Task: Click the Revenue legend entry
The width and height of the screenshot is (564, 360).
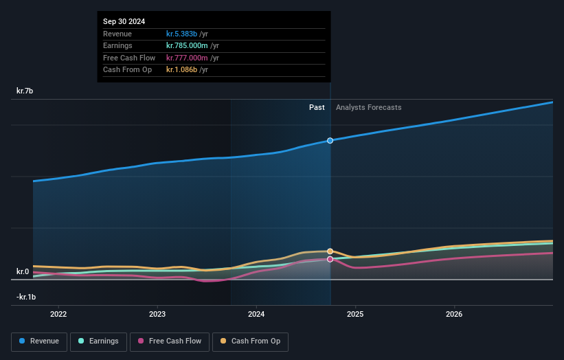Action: click(x=39, y=341)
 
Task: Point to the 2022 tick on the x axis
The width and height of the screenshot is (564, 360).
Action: click(x=58, y=315)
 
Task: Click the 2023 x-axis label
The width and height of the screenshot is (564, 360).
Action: click(x=157, y=315)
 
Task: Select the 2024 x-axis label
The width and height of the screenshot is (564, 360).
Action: click(x=256, y=315)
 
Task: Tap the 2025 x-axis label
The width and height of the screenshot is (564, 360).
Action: click(x=355, y=315)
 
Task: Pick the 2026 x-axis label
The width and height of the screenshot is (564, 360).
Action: click(x=454, y=315)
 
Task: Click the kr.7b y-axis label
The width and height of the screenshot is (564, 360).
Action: click(x=25, y=91)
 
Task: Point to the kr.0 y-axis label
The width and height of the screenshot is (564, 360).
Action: click(x=23, y=271)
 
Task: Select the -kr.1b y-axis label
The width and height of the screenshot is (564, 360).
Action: click(x=26, y=297)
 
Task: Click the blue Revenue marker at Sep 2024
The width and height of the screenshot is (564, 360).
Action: click(x=330, y=140)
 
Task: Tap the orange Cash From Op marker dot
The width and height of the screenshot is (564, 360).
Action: click(x=330, y=251)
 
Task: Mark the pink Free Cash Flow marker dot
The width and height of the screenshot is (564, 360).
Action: click(x=330, y=259)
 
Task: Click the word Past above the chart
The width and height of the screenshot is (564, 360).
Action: click(x=317, y=107)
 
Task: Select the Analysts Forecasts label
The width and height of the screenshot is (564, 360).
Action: click(x=368, y=107)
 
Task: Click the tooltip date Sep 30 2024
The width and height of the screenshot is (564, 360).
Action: click(x=124, y=22)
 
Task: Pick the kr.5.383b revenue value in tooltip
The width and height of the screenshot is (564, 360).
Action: click(x=181, y=34)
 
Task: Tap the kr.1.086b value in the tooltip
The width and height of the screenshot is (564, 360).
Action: click(x=181, y=69)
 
